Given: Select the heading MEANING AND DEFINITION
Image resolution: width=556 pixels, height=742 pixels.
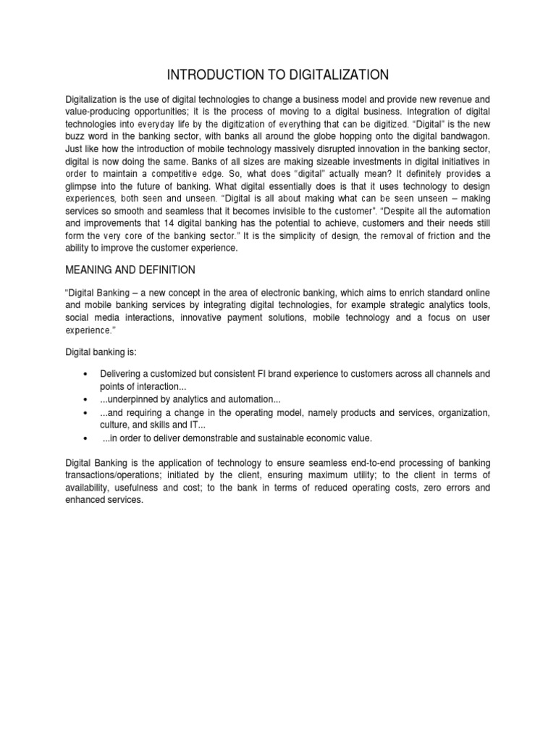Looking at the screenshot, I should (130, 270).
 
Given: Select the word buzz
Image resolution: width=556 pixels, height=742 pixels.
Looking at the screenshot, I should (78, 136).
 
